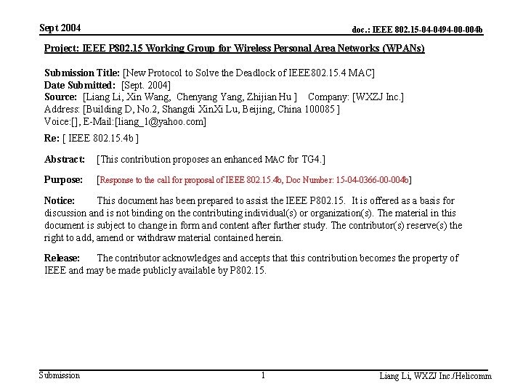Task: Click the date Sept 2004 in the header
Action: tap(60, 28)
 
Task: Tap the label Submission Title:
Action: tap(82, 73)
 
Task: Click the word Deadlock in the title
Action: tap(264, 73)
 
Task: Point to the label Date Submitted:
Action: tap(79, 85)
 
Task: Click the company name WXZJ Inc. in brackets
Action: tap(378, 97)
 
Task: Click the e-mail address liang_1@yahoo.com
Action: tap(161, 121)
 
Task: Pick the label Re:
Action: tap(52, 137)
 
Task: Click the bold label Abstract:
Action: tap(65, 159)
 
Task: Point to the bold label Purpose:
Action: tap(63, 179)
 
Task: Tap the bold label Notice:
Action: tap(60, 200)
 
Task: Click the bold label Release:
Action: tap(62, 258)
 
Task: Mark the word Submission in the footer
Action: tap(60, 375)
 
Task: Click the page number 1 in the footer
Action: tap(263, 375)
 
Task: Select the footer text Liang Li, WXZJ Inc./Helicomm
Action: tap(435, 376)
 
